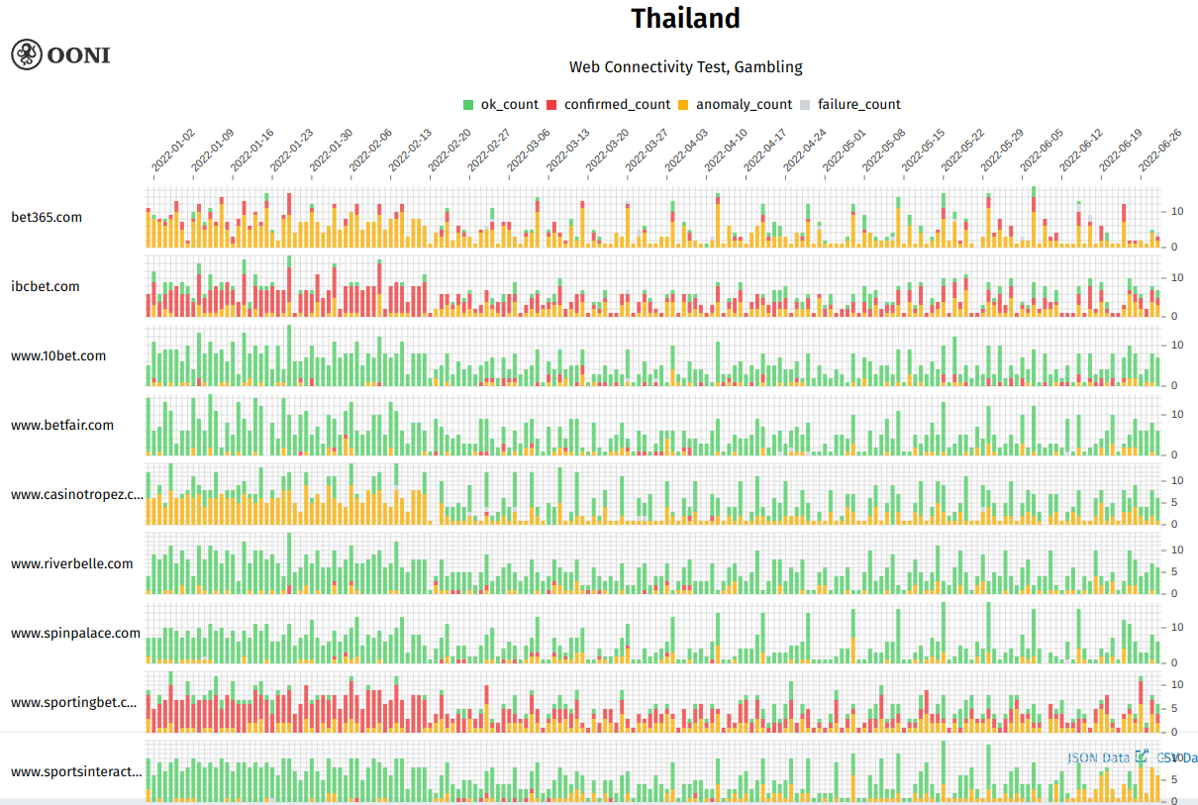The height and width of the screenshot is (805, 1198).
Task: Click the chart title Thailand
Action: coord(685,19)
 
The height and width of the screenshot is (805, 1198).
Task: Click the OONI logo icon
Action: coord(27,53)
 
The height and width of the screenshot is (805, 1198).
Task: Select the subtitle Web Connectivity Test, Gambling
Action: coord(685,67)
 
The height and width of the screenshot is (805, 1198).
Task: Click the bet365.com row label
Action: coord(47,217)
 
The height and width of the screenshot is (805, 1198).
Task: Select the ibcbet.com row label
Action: coord(46,286)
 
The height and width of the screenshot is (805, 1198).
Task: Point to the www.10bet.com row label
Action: coord(58,355)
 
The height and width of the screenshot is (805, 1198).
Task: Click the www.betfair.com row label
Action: coord(62,425)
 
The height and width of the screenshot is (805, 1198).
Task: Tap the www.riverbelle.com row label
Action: coord(72,563)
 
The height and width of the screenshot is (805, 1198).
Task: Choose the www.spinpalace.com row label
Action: coord(76,633)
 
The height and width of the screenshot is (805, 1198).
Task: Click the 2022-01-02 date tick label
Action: coord(173,151)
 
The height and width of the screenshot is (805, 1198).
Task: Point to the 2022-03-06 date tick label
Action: coord(529,151)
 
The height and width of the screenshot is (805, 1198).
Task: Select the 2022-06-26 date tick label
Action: coord(1160,151)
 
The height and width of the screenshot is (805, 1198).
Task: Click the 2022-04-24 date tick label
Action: coord(805,151)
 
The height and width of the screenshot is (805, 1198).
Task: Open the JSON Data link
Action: coord(1098,757)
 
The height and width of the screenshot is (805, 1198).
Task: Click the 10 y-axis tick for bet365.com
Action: coord(1178,212)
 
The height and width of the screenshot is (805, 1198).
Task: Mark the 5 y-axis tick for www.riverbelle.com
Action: coord(1175,571)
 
